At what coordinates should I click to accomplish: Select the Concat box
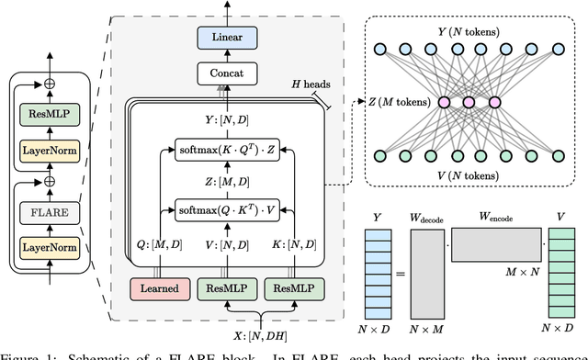pyautogui.click(x=227, y=72)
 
